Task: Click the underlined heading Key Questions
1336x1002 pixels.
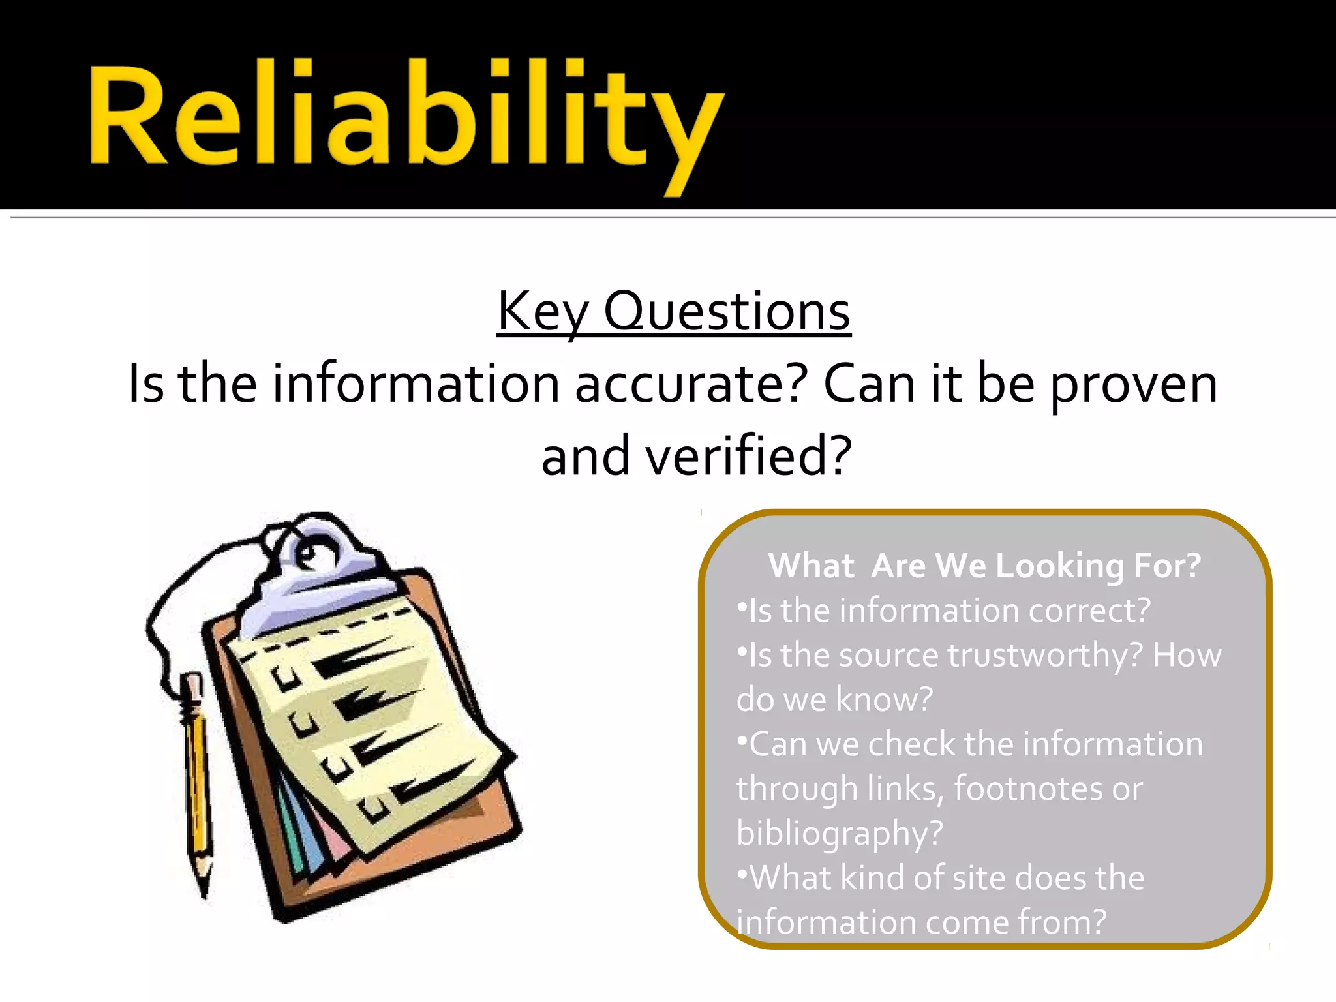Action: point(673,312)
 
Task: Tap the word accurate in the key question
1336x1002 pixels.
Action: point(690,385)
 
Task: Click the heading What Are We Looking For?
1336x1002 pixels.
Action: point(984,566)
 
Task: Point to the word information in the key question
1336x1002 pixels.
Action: point(416,385)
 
